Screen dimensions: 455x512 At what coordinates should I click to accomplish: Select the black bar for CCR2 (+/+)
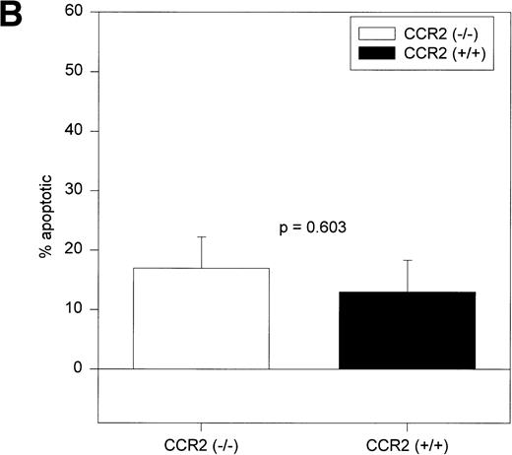(x=407, y=330)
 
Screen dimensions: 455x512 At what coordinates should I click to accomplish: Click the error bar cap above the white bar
(x=201, y=237)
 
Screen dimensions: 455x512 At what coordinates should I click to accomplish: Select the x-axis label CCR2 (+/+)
(x=407, y=443)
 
